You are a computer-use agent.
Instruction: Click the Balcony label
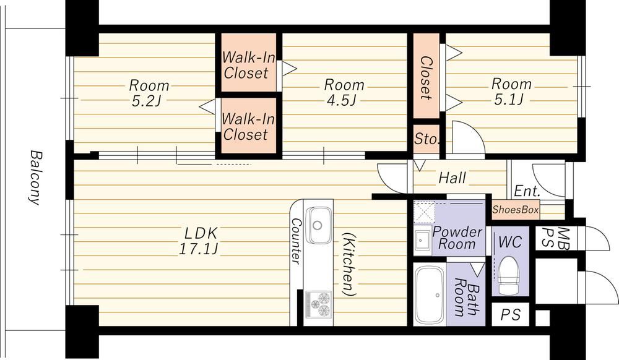click(x=35, y=178)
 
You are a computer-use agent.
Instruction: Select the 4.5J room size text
click(x=342, y=101)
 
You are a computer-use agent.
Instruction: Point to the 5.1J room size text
click(x=509, y=100)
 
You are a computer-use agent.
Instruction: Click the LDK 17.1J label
click(x=200, y=241)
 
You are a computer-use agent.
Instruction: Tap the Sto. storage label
click(x=426, y=139)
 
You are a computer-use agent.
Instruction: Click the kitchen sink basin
click(x=319, y=225)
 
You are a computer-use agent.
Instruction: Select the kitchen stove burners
click(x=319, y=304)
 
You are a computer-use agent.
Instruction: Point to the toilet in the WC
click(x=509, y=275)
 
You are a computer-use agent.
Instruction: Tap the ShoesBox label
click(x=516, y=210)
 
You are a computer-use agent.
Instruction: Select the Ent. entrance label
click(x=527, y=192)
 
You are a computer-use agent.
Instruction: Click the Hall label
click(x=452, y=178)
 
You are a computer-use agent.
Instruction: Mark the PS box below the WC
click(x=511, y=314)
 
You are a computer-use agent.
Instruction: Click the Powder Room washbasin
click(x=422, y=239)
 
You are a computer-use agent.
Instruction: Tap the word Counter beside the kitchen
click(x=296, y=241)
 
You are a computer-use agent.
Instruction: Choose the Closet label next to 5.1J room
click(x=426, y=78)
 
